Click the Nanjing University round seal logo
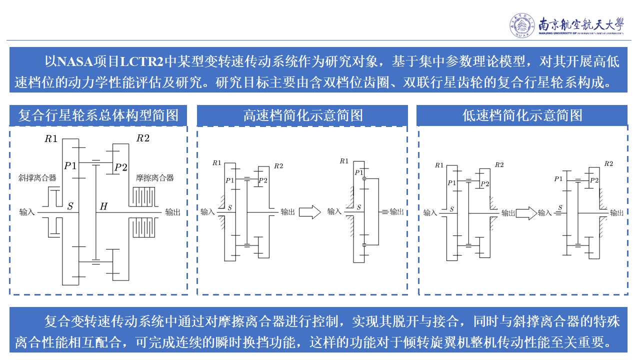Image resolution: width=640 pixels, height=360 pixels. pyautogui.click(x=522, y=25)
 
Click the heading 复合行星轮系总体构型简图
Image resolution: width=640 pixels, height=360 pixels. pyautogui.click(x=98, y=116)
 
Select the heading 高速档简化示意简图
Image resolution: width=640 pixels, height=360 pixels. pyautogui.click(x=303, y=116)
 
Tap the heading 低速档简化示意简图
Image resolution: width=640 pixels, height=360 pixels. pyautogui.click(x=522, y=116)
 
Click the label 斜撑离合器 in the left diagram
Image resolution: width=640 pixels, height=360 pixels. pyautogui.click(x=37, y=177)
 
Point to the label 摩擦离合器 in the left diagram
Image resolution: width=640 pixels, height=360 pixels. pyautogui.click(x=154, y=177)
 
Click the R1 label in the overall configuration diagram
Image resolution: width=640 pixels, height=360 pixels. pyautogui.click(x=51, y=139)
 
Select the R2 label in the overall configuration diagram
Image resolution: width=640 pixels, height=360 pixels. pyautogui.click(x=143, y=138)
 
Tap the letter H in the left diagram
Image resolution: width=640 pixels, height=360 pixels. pyautogui.click(x=103, y=206)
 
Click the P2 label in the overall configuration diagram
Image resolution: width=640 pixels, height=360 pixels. pyautogui.click(x=121, y=167)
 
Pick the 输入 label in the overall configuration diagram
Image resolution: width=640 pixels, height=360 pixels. pyautogui.click(x=27, y=212)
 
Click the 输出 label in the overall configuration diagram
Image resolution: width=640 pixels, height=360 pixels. pyautogui.click(x=172, y=212)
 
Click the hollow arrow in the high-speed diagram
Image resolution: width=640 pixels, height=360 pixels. pyautogui.click(x=309, y=211)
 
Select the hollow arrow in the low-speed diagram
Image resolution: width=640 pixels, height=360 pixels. pyautogui.click(x=525, y=213)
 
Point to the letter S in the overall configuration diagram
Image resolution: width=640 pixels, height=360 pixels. pyautogui.click(x=70, y=206)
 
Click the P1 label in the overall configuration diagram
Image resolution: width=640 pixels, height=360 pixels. pyautogui.click(x=70, y=166)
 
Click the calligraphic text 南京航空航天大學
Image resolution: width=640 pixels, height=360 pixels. pyautogui.click(x=581, y=24)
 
